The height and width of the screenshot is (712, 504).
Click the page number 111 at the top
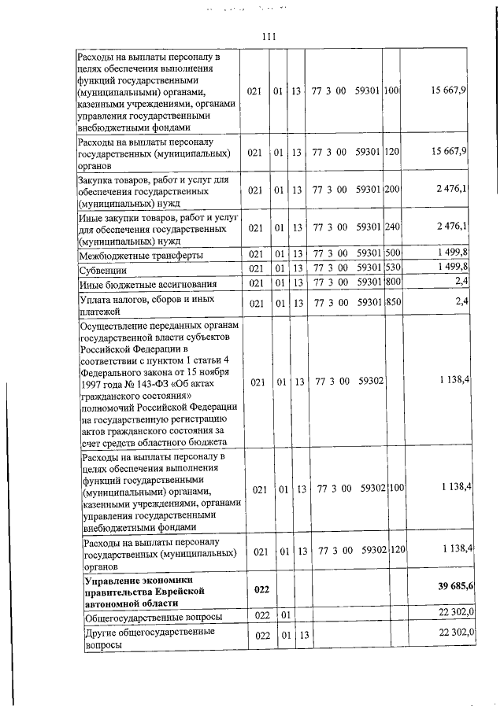point(269,37)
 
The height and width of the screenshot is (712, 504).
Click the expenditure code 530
point(392,269)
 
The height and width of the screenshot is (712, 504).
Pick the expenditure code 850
point(392,302)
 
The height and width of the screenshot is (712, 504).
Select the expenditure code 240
point(392,227)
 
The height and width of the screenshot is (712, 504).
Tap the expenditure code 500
point(392,255)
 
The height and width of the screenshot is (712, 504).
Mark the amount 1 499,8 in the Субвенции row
point(452,269)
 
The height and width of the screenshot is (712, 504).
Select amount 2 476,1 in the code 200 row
point(452,190)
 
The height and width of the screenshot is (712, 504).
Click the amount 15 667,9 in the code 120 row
point(449,150)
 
